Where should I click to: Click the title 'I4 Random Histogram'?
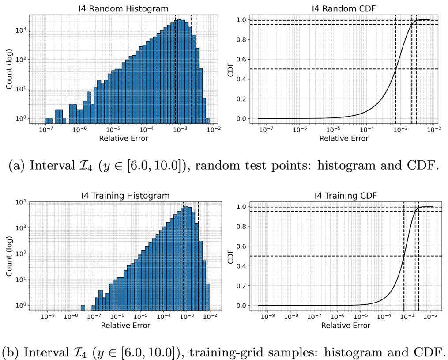click(x=124, y=8)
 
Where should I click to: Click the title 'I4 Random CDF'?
click(x=344, y=8)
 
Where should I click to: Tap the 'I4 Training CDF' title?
click(x=346, y=196)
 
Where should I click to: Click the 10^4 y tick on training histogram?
click(x=21, y=202)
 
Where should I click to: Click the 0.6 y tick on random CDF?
click(x=241, y=60)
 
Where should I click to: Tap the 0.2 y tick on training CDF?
click(x=241, y=286)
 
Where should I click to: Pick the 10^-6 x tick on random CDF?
click(x=300, y=129)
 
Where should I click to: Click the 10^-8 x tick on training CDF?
click(x=291, y=316)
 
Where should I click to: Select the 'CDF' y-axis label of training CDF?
click(x=230, y=257)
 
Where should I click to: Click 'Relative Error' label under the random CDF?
click(x=344, y=138)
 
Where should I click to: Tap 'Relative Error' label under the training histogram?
click(x=125, y=326)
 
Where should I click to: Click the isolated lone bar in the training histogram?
click(x=83, y=308)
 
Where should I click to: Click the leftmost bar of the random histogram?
click(x=48, y=121)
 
